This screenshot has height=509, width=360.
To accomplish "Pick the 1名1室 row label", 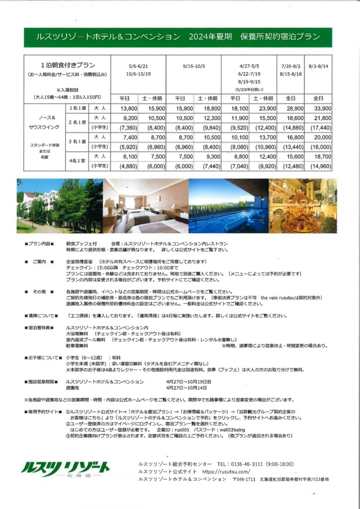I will pos(77,108).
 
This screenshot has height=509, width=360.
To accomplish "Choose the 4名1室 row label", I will pos(77,161).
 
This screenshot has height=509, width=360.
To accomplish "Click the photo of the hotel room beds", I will pos(146,206).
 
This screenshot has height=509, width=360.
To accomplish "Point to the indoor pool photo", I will pos(228,206).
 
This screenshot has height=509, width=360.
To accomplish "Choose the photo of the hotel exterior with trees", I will pos(60,206).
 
